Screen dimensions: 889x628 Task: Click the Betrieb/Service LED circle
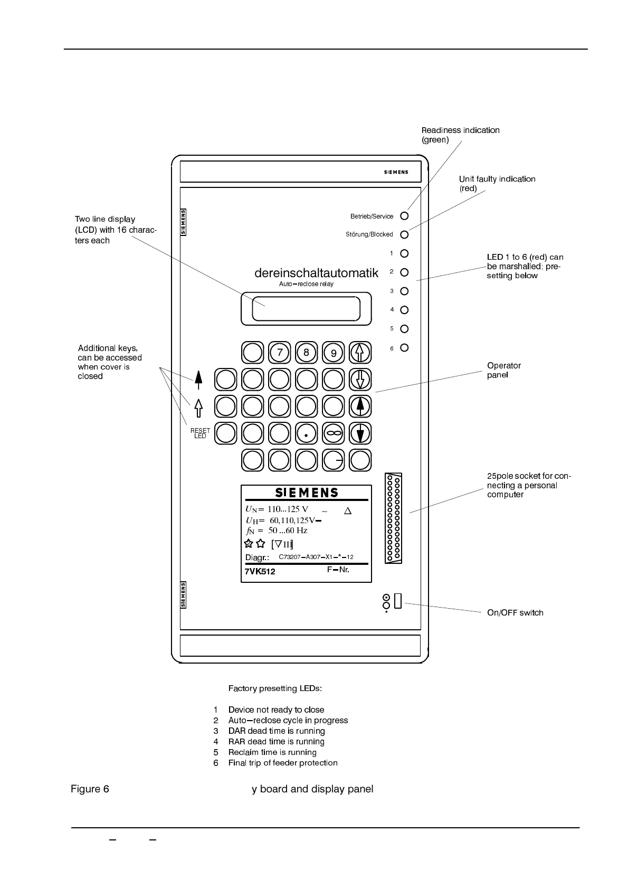click(404, 216)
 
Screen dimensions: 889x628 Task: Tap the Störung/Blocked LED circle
click(404, 234)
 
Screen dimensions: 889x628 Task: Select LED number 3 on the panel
click(404, 291)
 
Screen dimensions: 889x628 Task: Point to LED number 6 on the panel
click(404, 348)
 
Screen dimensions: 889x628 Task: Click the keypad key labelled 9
click(334, 353)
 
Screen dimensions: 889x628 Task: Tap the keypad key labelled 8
click(306, 353)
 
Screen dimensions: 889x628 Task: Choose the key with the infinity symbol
click(334, 433)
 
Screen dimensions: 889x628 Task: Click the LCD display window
click(306, 309)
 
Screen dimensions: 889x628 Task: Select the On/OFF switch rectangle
click(398, 601)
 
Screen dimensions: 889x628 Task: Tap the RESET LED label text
click(200, 433)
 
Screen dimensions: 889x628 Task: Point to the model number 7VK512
click(260, 571)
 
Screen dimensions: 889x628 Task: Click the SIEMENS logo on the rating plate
click(307, 493)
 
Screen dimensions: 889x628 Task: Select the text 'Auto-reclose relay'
click(306, 284)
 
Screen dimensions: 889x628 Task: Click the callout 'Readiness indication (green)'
click(460, 135)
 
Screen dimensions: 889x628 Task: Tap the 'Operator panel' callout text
click(503, 370)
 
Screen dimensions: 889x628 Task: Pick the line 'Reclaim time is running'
click(272, 752)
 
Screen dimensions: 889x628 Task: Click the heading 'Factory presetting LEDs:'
click(275, 688)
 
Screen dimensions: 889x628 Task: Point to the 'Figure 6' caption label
click(90, 789)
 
